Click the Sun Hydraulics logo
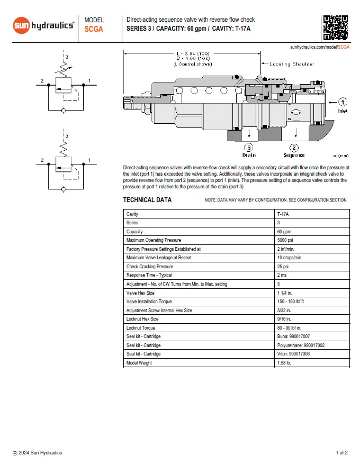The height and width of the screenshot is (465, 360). pyautogui.click(x=43, y=25)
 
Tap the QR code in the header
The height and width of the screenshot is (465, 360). pyautogui.click(x=335, y=28)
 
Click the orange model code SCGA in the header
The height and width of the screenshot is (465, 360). pyautogui.click(x=94, y=30)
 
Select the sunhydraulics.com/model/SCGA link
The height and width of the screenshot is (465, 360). pyautogui.click(x=320, y=47)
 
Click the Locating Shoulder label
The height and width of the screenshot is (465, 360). pyautogui.click(x=292, y=64)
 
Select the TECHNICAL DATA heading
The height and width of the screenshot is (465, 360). pyautogui.click(x=147, y=200)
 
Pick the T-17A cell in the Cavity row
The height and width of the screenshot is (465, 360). pyautogui.click(x=284, y=214)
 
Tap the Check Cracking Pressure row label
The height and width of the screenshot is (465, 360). pyautogui.click(x=150, y=267)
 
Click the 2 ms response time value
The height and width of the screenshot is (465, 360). pyautogui.click(x=282, y=275)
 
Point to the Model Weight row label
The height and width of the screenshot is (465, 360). pyautogui.click(x=139, y=363)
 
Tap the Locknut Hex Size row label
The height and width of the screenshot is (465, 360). pyautogui.click(x=142, y=319)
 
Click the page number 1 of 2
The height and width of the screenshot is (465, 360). pyautogui.click(x=341, y=453)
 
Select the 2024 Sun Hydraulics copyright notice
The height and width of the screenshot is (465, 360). pyautogui.click(x=38, y=453)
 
